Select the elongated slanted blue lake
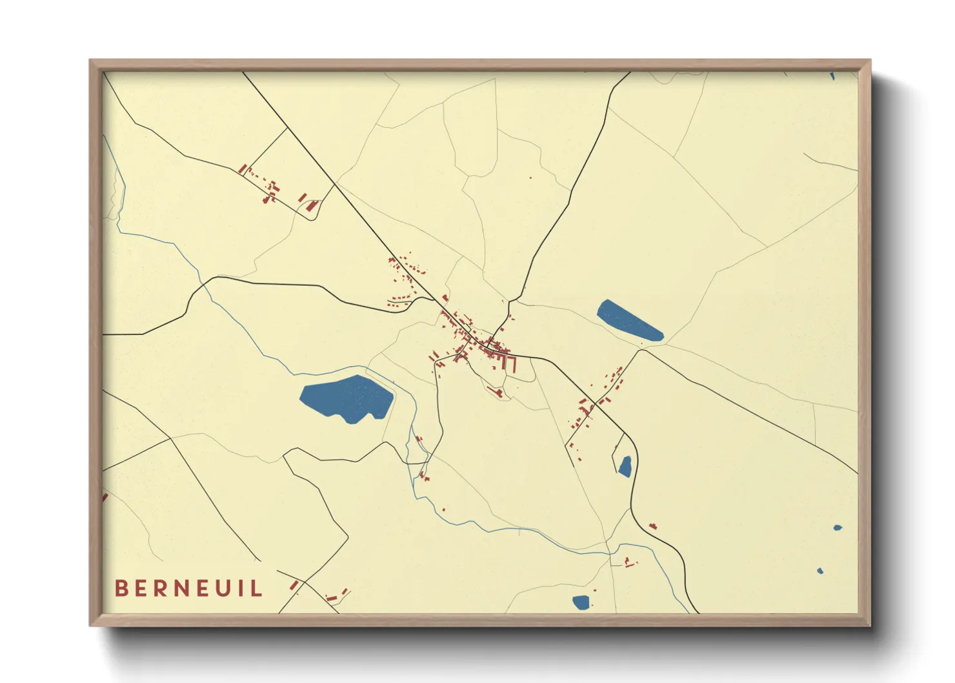click(x=629, y=320)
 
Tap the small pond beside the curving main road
click(x=625, y=466)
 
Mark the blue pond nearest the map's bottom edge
click(x=581, y=602)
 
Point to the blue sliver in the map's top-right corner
click(x=832, y=76)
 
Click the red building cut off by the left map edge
click(x=105, y=498)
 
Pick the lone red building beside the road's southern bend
click(x=652, y=527)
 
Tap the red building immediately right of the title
click(x=294, y=585)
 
